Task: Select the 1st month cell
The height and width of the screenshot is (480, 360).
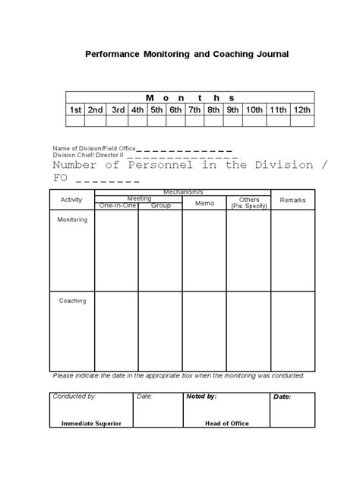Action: click(76, 110)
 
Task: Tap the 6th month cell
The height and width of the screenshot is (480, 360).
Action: click(175, 110)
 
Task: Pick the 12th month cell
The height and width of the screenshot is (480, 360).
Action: click(302, 110)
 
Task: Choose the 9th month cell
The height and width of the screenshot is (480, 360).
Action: click(232, 110)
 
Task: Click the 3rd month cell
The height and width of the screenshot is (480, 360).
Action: click(118, 110)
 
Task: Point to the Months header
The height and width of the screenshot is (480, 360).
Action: click(190, 97)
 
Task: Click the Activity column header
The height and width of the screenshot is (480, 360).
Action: click(71, 201)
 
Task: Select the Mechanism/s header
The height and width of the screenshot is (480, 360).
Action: click(182, 192)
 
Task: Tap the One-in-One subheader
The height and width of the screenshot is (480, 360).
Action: click(115, 206)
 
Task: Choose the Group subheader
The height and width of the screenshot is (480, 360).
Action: click(160, 206)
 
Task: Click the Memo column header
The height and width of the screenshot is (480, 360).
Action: click(204, 203)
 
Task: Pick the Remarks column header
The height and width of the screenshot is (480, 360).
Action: click(292, 201)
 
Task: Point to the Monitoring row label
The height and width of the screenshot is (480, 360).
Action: click(73, 219)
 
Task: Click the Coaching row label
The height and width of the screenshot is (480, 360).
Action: click(72, 301)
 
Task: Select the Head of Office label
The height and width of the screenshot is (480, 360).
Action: click(226, 424)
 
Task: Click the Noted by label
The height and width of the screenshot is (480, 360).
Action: click(201, 396)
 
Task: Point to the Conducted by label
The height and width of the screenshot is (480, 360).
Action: click(74, 396)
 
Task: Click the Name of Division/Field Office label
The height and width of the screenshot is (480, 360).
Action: click(92, 147)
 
